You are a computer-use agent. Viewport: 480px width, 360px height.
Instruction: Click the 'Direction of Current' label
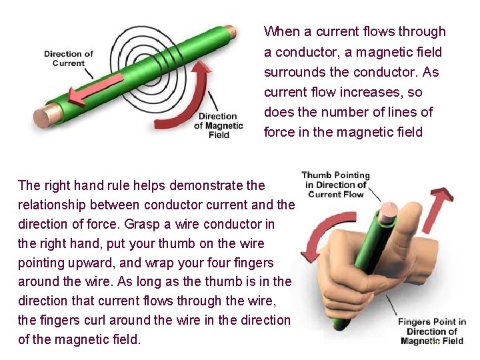[69, 59]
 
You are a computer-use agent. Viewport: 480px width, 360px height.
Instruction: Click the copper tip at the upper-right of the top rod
[229, 31]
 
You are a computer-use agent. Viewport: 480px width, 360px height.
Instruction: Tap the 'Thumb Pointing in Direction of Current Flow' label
[337, 185]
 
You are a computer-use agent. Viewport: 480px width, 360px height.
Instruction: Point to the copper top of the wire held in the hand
[388, 212]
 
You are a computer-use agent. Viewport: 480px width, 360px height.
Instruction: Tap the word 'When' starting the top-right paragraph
[281, 31]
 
